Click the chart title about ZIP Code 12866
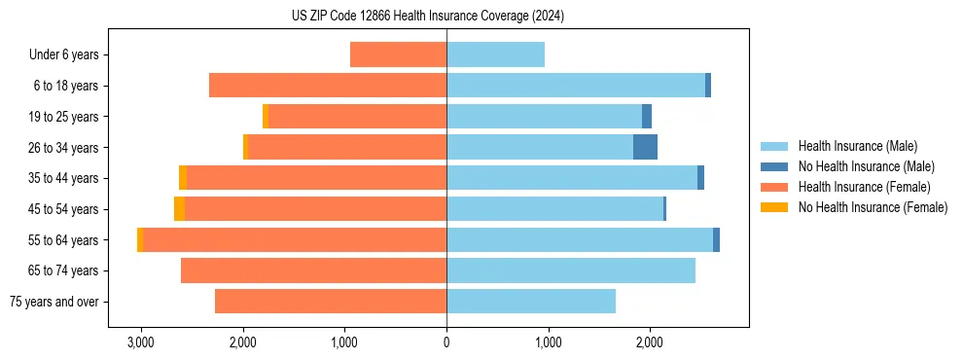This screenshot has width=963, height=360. (x=427, y=16)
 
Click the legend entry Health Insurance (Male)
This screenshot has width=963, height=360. (x=857, y=146)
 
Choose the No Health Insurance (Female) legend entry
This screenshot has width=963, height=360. (x=873, y=207)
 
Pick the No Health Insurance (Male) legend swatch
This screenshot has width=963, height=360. (x=774, y=166)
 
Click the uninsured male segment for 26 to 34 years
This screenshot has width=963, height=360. (x=645, y=147)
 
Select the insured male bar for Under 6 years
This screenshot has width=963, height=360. (x=495, y=54)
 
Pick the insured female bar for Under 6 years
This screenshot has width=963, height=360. (x=398, y=54)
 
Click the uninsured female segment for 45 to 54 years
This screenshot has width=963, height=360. (x=179, y=208)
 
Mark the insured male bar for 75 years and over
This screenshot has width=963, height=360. (x=531, y=302)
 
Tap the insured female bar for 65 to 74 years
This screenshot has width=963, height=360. (x=313, y=270)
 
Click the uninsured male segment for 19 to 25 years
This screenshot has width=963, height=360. (x=647, y=116)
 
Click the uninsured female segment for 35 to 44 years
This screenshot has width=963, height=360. (x=183, y=178)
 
